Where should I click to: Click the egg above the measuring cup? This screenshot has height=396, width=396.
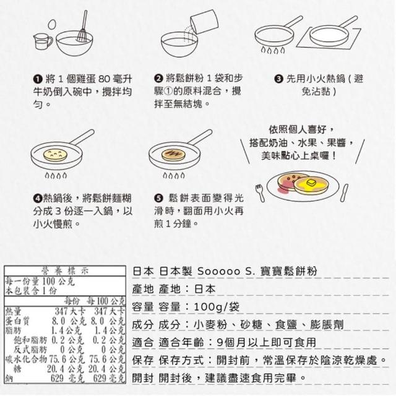(52, 25)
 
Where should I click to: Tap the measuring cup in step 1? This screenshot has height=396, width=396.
(43, 41)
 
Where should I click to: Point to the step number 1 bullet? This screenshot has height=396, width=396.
(38, 79)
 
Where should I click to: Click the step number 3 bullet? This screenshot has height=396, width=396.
(278, 79)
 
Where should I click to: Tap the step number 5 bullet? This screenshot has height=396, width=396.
(158, 198)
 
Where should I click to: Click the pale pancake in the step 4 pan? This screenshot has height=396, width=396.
(55, 155)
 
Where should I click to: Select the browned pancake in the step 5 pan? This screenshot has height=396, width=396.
(174, 154)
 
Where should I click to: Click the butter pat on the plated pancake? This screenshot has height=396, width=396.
(310, 183)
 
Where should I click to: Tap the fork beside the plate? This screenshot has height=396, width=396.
(260, 192)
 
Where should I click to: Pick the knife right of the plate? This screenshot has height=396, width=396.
(344, 192)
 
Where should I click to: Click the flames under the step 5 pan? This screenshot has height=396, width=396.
(174, 175)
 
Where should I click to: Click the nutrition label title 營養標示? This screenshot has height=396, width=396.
(65, 271)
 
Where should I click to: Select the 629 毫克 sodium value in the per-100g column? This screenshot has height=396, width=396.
(109, 378)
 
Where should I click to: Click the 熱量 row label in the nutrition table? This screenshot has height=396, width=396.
(13, 311)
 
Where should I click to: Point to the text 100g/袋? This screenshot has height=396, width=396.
(217, 307)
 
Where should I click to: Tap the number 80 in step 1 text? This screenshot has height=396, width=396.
(104, 79)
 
